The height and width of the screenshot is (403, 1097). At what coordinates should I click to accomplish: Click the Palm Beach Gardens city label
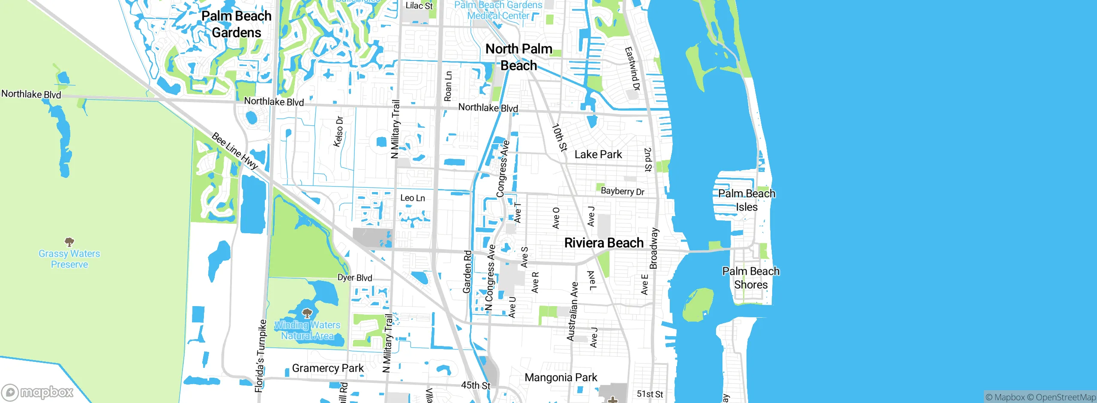(237, 24)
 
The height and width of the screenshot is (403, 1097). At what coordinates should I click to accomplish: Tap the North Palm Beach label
(519, 57)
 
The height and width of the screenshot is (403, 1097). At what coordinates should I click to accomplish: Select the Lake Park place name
(598, 155)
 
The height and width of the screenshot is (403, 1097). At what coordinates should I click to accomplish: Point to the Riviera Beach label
(604, 243)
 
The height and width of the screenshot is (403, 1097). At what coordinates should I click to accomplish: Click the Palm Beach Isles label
(746, 200)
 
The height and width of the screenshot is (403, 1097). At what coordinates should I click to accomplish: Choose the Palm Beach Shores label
(751, 278)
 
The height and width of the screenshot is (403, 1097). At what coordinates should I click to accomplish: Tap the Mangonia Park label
(560, 378)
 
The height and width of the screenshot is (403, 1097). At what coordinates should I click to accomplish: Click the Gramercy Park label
(327, 368)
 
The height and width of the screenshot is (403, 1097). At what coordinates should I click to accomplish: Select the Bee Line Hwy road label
(235, 151)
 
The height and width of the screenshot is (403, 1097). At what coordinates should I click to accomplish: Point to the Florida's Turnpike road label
(261, 356)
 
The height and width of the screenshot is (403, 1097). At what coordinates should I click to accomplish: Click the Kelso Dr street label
(339, 132)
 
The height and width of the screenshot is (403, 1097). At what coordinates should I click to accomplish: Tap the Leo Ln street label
(412, 198)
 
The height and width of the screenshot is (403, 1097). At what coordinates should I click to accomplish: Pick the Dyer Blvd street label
(355, 278)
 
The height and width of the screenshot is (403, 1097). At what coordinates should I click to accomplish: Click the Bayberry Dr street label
(622, 191)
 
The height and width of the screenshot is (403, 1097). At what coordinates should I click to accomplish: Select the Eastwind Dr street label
(632, 69)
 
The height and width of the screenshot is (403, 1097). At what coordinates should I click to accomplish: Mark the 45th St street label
(475, 385)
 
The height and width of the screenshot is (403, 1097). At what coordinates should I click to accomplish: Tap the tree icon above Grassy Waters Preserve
(69, 242)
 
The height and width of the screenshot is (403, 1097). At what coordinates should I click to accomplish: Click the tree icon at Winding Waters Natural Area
(307, 313)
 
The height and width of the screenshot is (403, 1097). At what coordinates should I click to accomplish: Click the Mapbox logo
(38, 392)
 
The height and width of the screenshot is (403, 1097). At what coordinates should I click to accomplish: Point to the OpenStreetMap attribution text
(1065, 397)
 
